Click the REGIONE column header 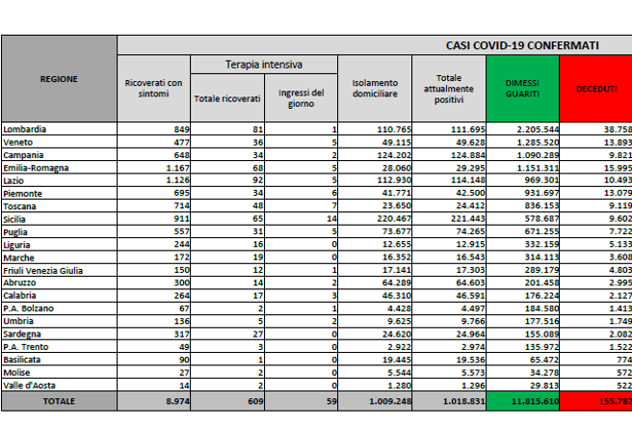pyautogui.click(x=59, y=79)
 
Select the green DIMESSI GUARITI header pyautogui.click(x=523, y=88)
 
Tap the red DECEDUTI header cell pyautogui.click(x=596, y=88)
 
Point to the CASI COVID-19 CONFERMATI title pyautogui.click(x=522, y=44)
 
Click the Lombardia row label pyautogui.click(x=26, y=128)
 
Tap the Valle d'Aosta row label pyautogui.click(x=30, y=384)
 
